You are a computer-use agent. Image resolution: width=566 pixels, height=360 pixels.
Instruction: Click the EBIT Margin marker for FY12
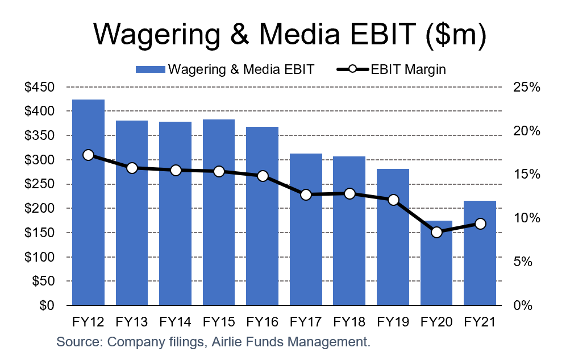click(x=88, y=155)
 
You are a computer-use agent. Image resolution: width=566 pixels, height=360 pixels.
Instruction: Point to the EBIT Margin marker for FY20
click(x=436, y=232)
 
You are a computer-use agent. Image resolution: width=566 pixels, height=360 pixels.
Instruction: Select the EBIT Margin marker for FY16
click(x=262, y=176)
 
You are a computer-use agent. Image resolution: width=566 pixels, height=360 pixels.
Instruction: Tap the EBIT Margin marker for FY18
click(x=349, y=193)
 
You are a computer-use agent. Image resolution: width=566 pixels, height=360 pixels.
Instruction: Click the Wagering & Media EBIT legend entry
click(x=224, y=69)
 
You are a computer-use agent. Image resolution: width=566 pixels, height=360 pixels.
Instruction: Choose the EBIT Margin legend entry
click(x=392, y=69)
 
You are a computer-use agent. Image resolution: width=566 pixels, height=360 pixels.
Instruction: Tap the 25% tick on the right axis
click(x=526, y=87)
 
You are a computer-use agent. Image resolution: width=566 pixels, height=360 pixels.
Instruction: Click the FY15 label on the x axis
click(x=219, y=322)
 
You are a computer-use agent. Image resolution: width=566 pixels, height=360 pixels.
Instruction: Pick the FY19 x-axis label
click(x=393, y=322)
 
